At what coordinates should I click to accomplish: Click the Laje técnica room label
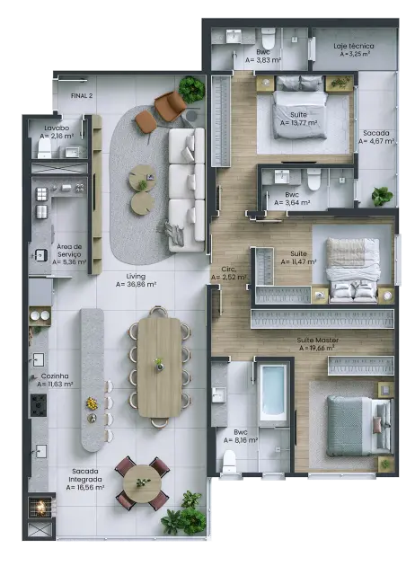point(353,45)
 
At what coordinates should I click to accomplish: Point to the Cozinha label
point(55,376)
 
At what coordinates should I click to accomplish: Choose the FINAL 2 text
point(82,94)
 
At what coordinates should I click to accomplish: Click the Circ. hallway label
point(228,269)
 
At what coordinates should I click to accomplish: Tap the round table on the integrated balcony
point(142,483)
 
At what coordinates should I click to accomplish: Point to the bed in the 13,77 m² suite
point(298,107)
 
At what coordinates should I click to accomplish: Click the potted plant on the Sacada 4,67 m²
point(382,195)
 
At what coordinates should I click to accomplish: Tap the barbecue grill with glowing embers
point(40,508)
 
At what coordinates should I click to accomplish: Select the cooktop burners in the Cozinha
point(39,405)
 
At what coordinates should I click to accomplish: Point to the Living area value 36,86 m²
point(136,284)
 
